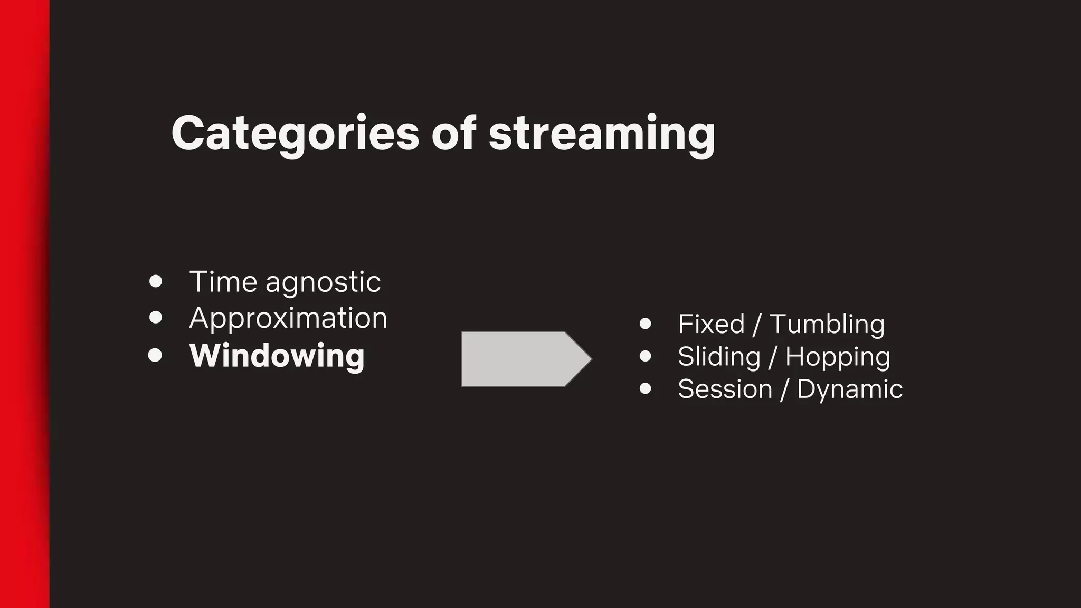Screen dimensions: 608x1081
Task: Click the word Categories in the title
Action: coord(295,134)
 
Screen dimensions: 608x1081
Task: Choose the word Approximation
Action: coord(288,319)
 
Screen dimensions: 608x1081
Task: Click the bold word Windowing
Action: coord(277,356)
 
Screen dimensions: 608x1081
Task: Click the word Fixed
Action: coord(711,324)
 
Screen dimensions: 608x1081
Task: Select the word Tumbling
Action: coord(827,324)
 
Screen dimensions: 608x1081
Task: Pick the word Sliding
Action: coord(719,357)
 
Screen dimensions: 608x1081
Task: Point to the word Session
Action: coord(725,389)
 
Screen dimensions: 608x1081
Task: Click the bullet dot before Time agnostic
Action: coord(156,281)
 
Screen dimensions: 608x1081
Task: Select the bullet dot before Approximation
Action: coord(156,317)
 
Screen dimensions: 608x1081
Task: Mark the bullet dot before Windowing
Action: coord(155,355)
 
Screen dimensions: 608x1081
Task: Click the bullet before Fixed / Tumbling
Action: coord(645,324)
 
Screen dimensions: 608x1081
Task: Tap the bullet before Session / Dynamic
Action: coord(645,389)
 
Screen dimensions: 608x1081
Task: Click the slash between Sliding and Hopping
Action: coord(773,357)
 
